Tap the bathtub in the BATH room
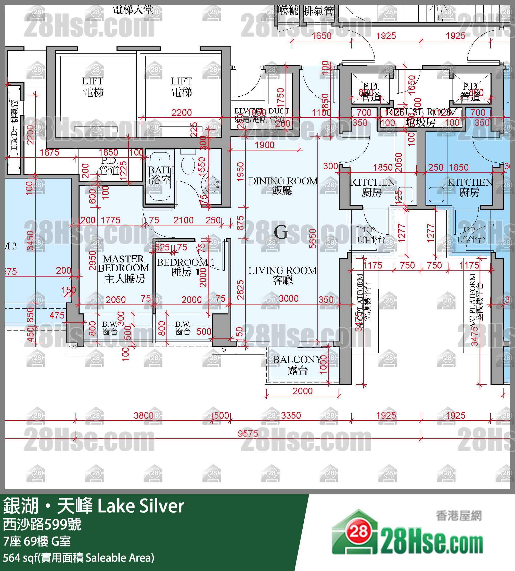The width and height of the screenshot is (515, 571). click(160, 177)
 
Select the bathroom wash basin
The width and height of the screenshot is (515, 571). click(211, 184)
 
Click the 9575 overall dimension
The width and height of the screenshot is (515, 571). click(248, 434)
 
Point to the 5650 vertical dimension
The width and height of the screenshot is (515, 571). click(312, 239)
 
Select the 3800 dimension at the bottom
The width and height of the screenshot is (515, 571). click(144, 416)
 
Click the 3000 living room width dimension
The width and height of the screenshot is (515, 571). click(289, 298)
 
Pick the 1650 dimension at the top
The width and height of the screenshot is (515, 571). click(321, 36)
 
